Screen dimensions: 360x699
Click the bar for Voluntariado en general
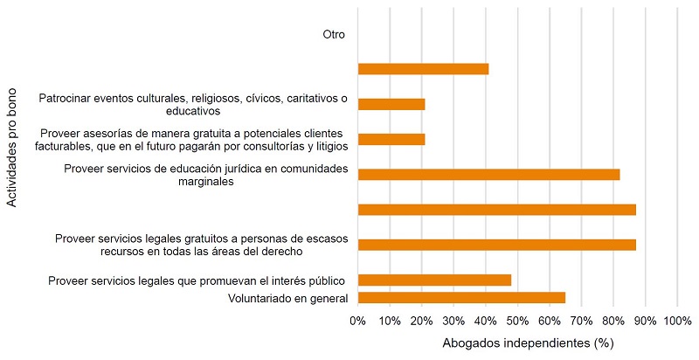pos(461,298)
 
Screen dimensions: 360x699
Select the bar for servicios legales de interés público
pos(434,280)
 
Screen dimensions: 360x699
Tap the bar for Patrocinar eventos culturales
pos(391,104)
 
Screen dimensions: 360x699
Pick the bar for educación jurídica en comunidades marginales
pos(488,174)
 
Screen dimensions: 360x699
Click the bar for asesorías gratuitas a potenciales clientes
pos(391,139)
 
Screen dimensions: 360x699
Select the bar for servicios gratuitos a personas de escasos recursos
pos(496,245)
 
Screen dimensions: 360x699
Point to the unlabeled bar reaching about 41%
pos(423,69)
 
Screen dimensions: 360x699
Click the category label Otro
pos(334,35)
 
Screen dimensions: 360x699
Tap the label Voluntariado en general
pos(288,299)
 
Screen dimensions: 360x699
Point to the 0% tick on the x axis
pos(358,321)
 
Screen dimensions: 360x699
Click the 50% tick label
pos(517,321)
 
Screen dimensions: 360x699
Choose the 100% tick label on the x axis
pos(677,321)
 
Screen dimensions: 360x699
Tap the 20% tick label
pos(422,321)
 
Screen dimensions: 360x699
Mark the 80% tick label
pos(613,321)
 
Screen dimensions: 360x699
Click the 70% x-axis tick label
pos(581,321)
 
